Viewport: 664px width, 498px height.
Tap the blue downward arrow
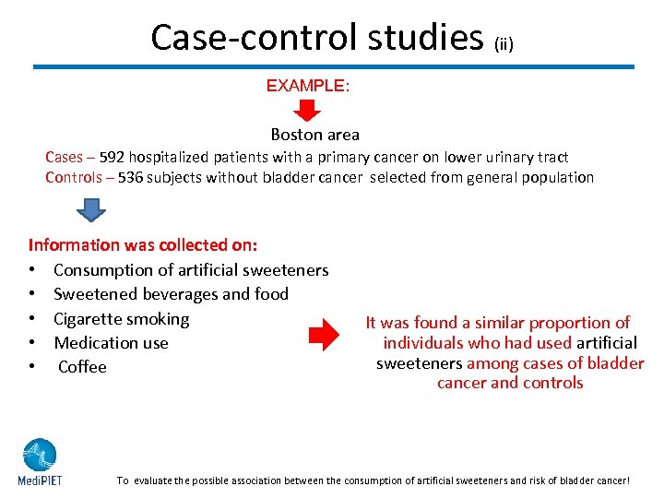(x=91, y=211)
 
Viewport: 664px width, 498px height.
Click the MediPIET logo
(x=40, y=461)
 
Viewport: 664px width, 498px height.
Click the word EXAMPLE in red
(x=307, y=86)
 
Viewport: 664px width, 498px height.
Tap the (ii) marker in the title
(x=504, y=42)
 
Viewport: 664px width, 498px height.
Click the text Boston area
(x=314, y=135)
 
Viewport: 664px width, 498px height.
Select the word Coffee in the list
(x=82, y=367)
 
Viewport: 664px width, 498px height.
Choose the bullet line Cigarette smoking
(x=121, y=319)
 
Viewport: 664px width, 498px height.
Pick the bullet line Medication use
(x=111, y=343)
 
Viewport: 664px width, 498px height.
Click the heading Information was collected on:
(x=143, y=245)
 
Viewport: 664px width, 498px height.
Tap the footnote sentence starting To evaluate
(x=373, y=480)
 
